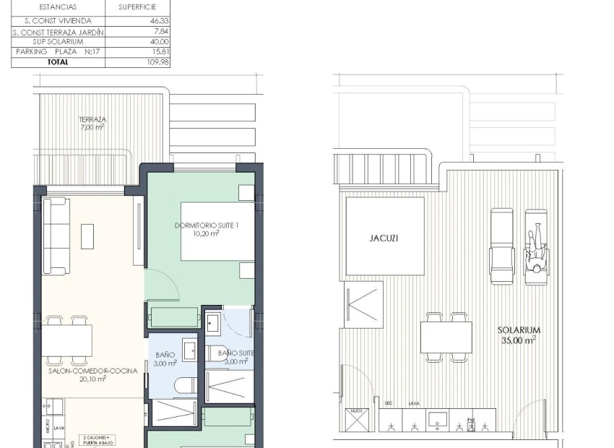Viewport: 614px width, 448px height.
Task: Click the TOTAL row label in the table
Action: pyautogui.click(x=58, y=62)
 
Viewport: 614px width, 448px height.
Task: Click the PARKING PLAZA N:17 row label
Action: pyautogui.click(x=58, y=52)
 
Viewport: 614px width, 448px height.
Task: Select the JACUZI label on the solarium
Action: pyautogui.click(x=384, y=238)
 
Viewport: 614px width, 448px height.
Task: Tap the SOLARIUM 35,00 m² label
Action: pyautogui.click(x=519, y=335)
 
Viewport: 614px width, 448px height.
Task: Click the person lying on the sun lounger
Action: pyautogui.click(x=536, y=249)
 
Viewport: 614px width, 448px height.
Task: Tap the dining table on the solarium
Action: pyautogui.click(x=446, y=337)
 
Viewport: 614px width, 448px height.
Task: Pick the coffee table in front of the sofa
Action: pyautogui.click(x=87, y=236)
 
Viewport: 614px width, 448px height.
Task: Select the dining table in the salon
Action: pyautogui.click(x=66, y=340)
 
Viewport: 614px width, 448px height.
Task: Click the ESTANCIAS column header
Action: pyautogui.click(x=58, y=7)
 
